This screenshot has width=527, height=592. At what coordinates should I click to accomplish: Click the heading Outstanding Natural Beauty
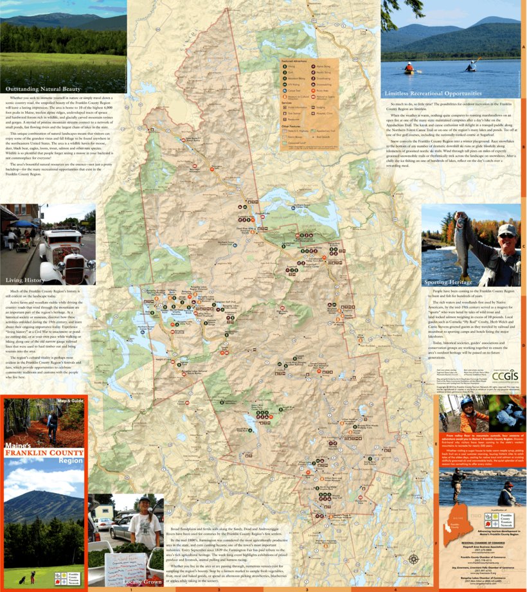pos(44,89)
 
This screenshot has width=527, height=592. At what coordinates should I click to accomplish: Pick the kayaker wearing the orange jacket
pos(409,66)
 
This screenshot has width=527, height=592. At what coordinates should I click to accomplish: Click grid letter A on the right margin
pos(524,48)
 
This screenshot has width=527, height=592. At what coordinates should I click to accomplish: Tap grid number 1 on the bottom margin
pos(131,589)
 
